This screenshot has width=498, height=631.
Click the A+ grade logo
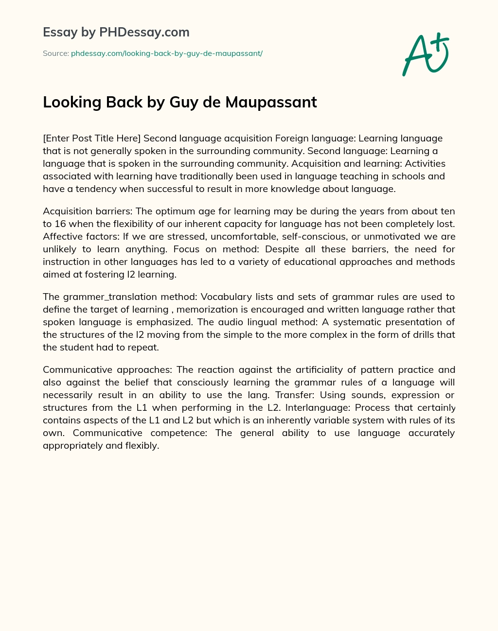[x=426, y=54]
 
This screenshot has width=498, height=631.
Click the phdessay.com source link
[x=167, y=53]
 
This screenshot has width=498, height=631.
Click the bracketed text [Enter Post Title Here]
[x=91, y=139]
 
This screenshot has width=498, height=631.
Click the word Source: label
[x=55, y=53]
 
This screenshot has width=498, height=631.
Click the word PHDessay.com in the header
[x=144, y=32]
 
